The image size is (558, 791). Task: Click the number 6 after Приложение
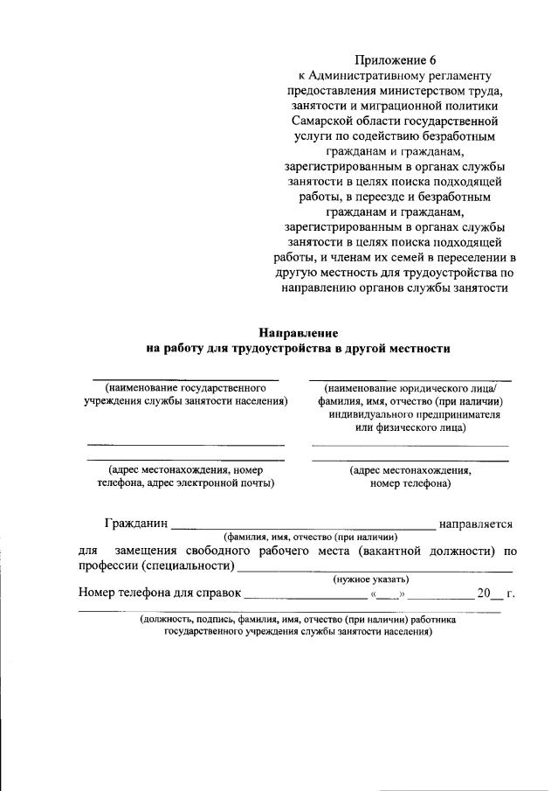(431, 60)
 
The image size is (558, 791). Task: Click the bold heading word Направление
(298, 333)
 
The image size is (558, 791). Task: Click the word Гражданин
(134, 524)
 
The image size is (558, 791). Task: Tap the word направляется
(475, 524)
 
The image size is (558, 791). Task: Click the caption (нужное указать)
(373, 580)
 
